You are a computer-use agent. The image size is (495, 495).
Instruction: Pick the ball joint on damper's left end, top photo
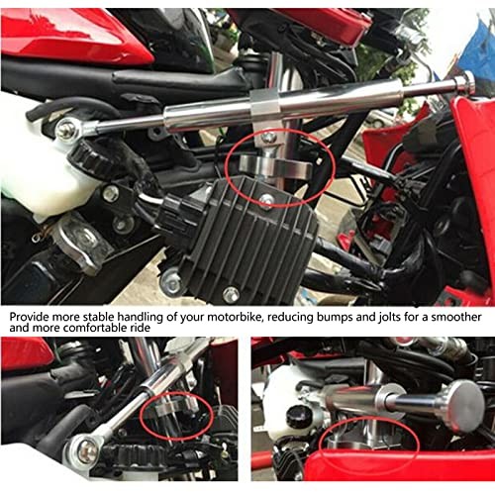coord(68,129)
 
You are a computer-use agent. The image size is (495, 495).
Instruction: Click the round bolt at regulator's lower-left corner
coord(172,283)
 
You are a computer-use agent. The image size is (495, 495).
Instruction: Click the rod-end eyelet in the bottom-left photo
coord(87,450)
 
